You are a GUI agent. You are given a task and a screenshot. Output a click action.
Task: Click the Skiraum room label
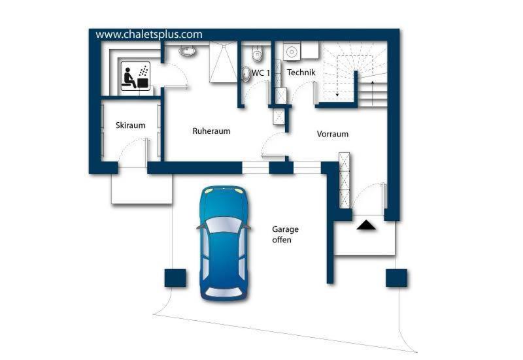click(130, 125)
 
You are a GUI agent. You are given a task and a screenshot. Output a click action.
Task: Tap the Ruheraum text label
click(211, 131)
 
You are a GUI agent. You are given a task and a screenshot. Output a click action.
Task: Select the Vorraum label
click(333, 134)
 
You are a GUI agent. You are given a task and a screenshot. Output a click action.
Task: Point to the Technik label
click(301, 73)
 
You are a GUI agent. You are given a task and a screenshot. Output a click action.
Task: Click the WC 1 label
click(261, 73)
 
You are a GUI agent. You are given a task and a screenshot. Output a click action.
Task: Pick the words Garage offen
click(285, 235)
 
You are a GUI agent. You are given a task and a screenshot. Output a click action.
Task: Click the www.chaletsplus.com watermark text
click(149, 35)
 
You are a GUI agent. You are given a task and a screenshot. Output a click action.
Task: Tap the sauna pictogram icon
click(135, 76)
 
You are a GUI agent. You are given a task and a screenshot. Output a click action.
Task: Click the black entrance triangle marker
click(366, 225)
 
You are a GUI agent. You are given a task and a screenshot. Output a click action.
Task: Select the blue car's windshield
click(224, 224)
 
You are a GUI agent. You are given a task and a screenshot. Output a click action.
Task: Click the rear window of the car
click(224, 292)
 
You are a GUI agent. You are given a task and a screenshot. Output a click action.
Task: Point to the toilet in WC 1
click(257, 54)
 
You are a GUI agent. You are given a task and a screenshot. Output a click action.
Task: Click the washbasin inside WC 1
click(246, 74)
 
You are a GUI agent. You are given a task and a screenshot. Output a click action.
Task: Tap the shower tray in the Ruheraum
click(223, 61)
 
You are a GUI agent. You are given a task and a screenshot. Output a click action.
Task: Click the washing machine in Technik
click(292, 52)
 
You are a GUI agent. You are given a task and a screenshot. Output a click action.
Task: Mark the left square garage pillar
click(175, 278)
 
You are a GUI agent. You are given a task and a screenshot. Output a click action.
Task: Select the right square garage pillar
click(397, 278)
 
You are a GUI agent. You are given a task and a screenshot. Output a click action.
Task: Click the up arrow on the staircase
click(373, 93)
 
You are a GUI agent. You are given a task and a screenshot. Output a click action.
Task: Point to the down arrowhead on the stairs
click(337, 95)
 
